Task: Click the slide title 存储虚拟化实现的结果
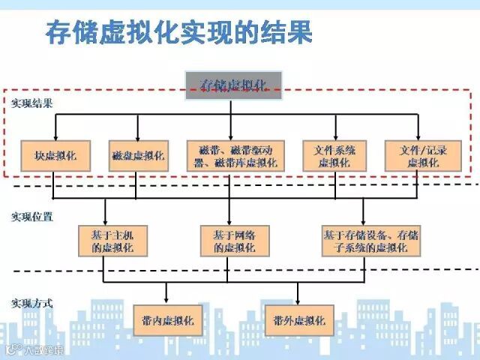178,32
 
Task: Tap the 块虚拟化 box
56,157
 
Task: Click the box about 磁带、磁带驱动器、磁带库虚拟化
235,157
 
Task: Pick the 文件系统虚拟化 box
334,157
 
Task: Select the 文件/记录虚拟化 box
418,157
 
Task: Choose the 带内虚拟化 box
167,320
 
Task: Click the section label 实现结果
31,102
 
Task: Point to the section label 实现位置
31,217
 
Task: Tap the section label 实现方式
31,304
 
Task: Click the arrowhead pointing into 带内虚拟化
167,301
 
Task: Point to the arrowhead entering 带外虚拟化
298,301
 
